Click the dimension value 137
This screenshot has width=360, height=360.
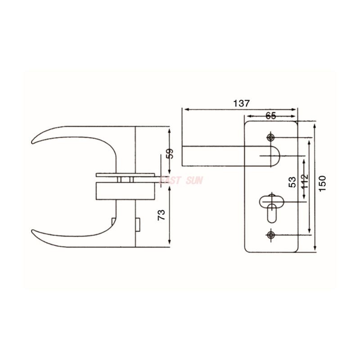tap(241, 103)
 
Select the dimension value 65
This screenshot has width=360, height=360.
tap(270, 115)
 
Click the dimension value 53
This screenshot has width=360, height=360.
tap(292, 182)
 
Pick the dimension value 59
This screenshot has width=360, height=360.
tap(170, 153)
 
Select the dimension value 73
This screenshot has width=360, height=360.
tap(162, 214)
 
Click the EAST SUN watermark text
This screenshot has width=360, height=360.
tap(181, 180)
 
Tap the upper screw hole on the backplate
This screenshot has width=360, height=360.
tap(270, 137)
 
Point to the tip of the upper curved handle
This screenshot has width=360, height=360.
tap(33, 143)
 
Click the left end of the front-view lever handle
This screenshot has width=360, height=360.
tap(184, 156)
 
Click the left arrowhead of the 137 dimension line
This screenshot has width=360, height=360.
tap(184, 109)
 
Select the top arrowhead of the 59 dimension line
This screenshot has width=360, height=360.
tap(169, 130)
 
